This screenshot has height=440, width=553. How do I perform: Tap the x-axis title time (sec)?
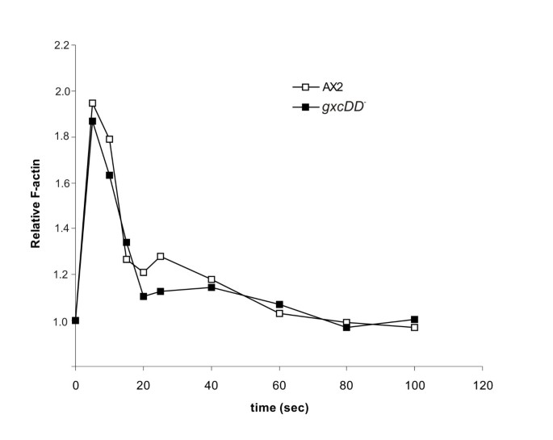click(279, 408)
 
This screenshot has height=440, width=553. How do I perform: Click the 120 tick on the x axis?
click(483, 383)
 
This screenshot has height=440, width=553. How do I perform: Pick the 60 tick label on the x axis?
click(279, 383)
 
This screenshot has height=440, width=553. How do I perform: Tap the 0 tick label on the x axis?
click(75, 383)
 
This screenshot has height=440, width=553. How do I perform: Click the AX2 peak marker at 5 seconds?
click(92, 103)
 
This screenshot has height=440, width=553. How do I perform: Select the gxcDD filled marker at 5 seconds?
click(92, 121)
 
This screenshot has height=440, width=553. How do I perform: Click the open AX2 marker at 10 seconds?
click(109, 139)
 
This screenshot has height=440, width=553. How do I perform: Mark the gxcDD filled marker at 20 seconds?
click(143, 296)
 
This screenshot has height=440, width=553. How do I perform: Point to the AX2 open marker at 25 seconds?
click(161, 257)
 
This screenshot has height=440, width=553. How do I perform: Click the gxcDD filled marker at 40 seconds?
click(212, 287)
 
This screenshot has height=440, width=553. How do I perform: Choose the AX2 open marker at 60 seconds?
click(279, 313)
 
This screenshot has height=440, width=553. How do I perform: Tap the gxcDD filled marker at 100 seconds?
click(415, 320)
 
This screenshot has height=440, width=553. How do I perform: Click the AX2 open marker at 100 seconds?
click(415, 327)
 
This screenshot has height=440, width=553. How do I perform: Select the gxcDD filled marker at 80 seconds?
click(347, 327)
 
